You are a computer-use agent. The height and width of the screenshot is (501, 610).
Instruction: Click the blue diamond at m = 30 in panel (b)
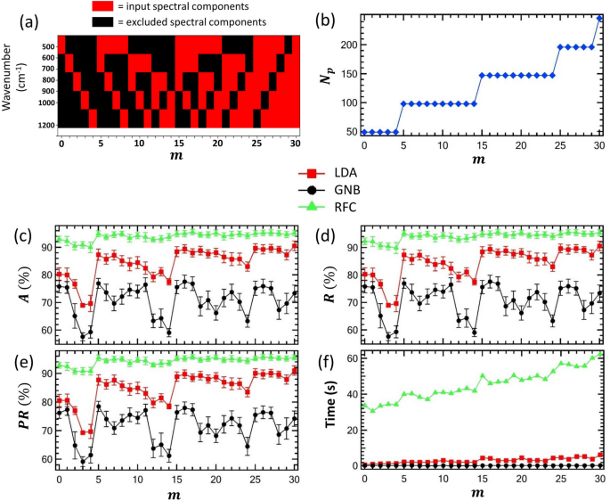tap(599, 17)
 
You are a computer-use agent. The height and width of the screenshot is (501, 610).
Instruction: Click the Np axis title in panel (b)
tap(328, 74)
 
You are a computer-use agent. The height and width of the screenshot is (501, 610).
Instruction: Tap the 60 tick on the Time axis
tap(352, 357)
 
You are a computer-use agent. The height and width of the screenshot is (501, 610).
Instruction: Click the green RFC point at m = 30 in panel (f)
tap(598, 354)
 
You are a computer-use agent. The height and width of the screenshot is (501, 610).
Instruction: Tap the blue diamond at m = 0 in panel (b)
tap(364, 132)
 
